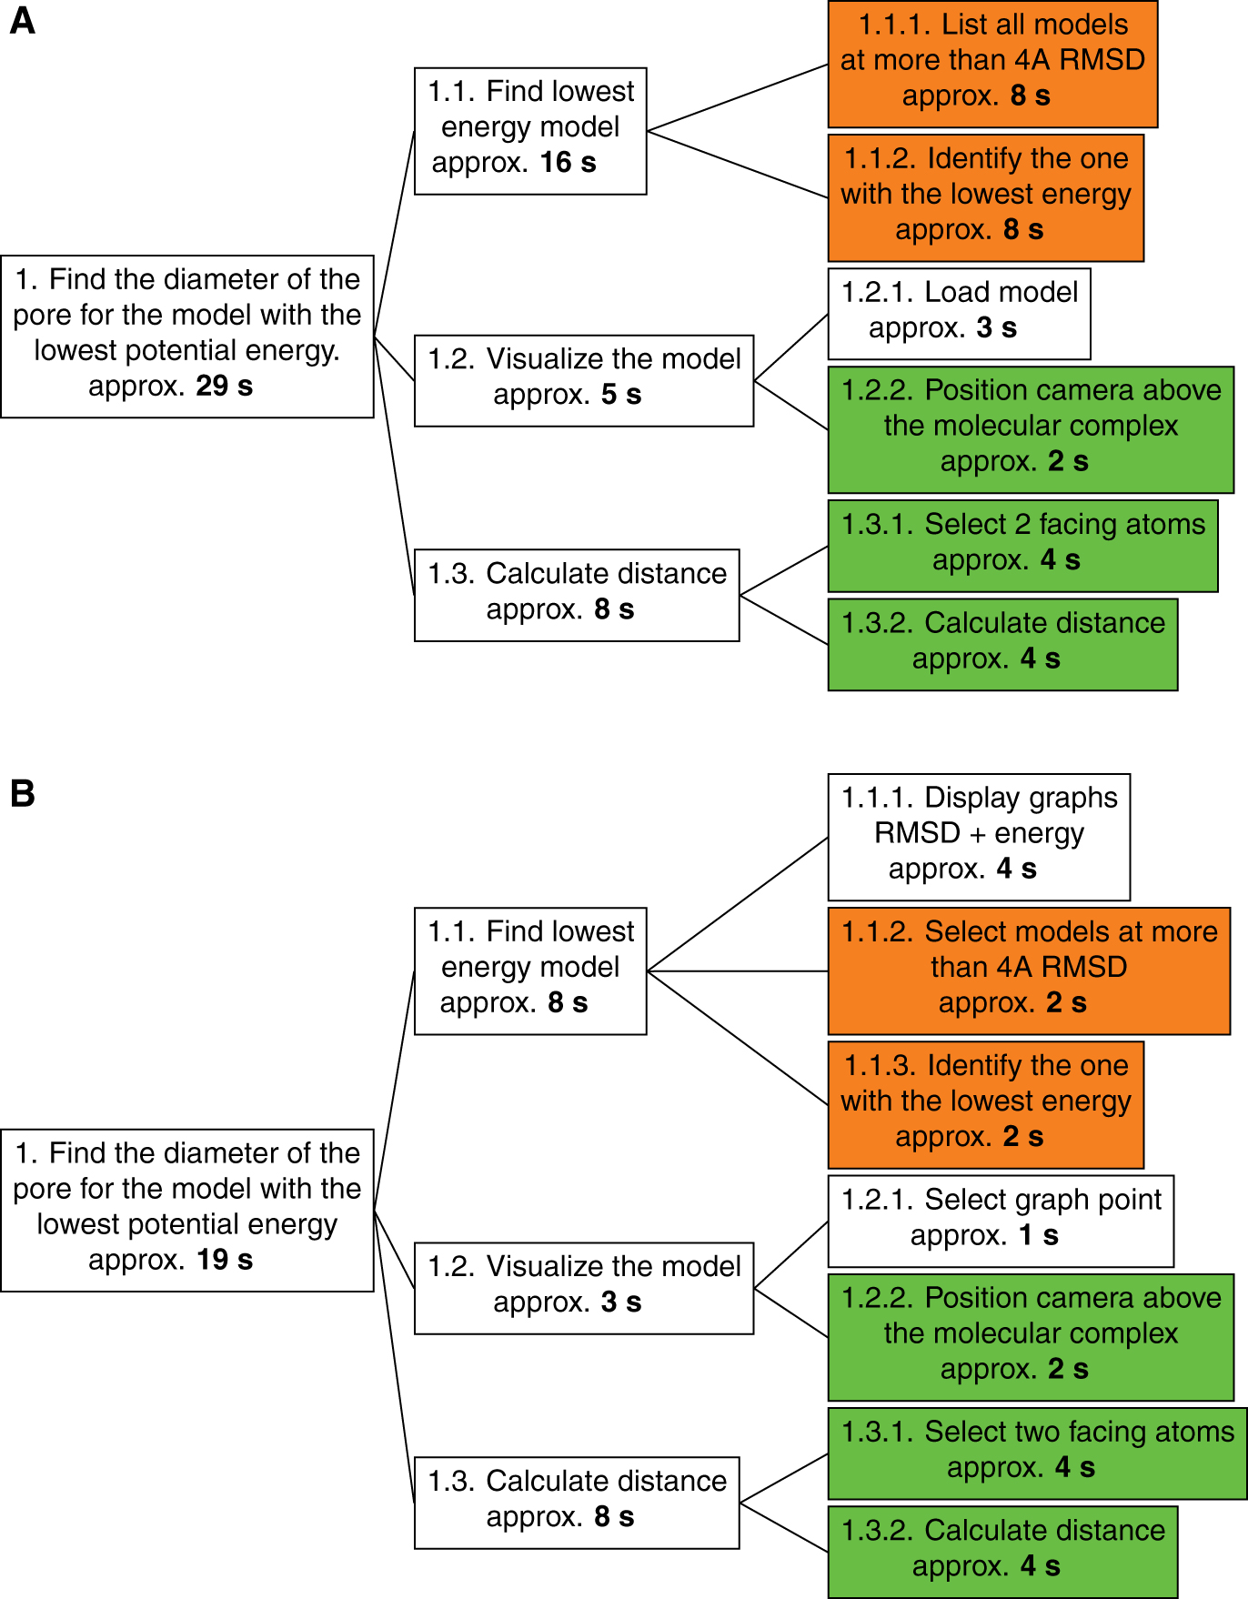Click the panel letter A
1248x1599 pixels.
22,20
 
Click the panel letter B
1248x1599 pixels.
22,793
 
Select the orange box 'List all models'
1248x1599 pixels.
991,64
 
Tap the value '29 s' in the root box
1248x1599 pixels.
224,386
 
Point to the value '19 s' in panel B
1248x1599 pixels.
224,1260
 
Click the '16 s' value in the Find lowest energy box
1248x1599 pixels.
568,163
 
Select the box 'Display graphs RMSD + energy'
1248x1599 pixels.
978,836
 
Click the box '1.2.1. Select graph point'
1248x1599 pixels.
1000,1220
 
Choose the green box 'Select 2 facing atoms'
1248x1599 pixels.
1022,545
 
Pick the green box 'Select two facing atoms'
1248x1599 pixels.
1036,1453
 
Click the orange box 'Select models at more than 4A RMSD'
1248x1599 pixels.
1028,970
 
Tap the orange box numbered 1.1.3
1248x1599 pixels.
985,1103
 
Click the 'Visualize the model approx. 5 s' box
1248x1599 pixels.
583,379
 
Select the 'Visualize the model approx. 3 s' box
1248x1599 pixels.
583,1287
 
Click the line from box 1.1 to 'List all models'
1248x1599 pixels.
737,98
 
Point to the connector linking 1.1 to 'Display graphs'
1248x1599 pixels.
737,904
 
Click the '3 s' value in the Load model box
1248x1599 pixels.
996,328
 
